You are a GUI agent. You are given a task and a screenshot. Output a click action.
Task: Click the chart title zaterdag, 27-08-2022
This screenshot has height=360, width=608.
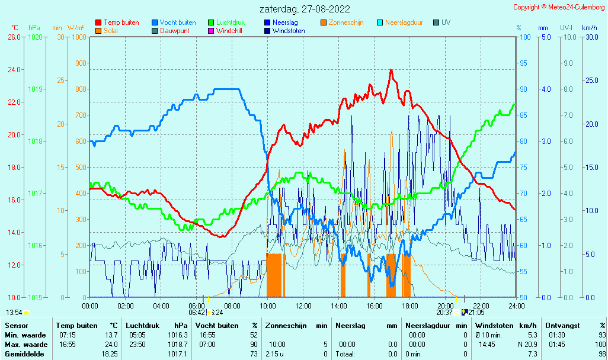305,9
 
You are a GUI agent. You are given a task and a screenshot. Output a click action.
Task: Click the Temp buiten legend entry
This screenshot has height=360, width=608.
117,22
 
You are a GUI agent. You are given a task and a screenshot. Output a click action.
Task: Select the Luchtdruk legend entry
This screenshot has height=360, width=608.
226,22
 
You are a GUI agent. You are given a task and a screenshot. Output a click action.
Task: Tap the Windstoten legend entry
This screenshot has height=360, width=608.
284,31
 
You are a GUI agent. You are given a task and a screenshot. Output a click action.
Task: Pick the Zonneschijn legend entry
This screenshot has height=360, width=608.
342,22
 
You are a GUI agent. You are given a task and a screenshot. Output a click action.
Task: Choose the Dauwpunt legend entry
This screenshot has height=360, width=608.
171,31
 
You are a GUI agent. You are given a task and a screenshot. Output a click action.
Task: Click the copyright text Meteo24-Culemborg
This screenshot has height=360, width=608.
576,7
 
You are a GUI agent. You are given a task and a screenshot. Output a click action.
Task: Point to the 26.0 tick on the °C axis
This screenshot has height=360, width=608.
14,37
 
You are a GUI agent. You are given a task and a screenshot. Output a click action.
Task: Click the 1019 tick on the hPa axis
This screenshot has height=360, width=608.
36,89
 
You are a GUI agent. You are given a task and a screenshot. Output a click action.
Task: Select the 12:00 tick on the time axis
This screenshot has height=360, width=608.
303,306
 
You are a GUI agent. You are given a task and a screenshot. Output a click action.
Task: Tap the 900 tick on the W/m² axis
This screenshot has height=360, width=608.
81,63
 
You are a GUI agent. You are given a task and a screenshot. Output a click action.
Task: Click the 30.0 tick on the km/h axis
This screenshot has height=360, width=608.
592,37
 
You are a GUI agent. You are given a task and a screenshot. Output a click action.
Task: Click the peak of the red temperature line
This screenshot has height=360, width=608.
391,70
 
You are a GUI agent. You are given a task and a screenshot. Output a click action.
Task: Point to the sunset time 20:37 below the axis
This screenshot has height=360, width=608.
444,313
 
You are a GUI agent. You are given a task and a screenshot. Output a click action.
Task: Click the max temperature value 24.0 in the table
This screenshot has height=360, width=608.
111,345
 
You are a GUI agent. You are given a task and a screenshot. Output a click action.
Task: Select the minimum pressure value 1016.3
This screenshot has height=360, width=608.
178,335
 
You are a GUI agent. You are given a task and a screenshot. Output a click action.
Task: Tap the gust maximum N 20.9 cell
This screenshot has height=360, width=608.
527,345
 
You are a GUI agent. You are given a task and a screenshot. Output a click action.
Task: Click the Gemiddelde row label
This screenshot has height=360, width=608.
24,354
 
